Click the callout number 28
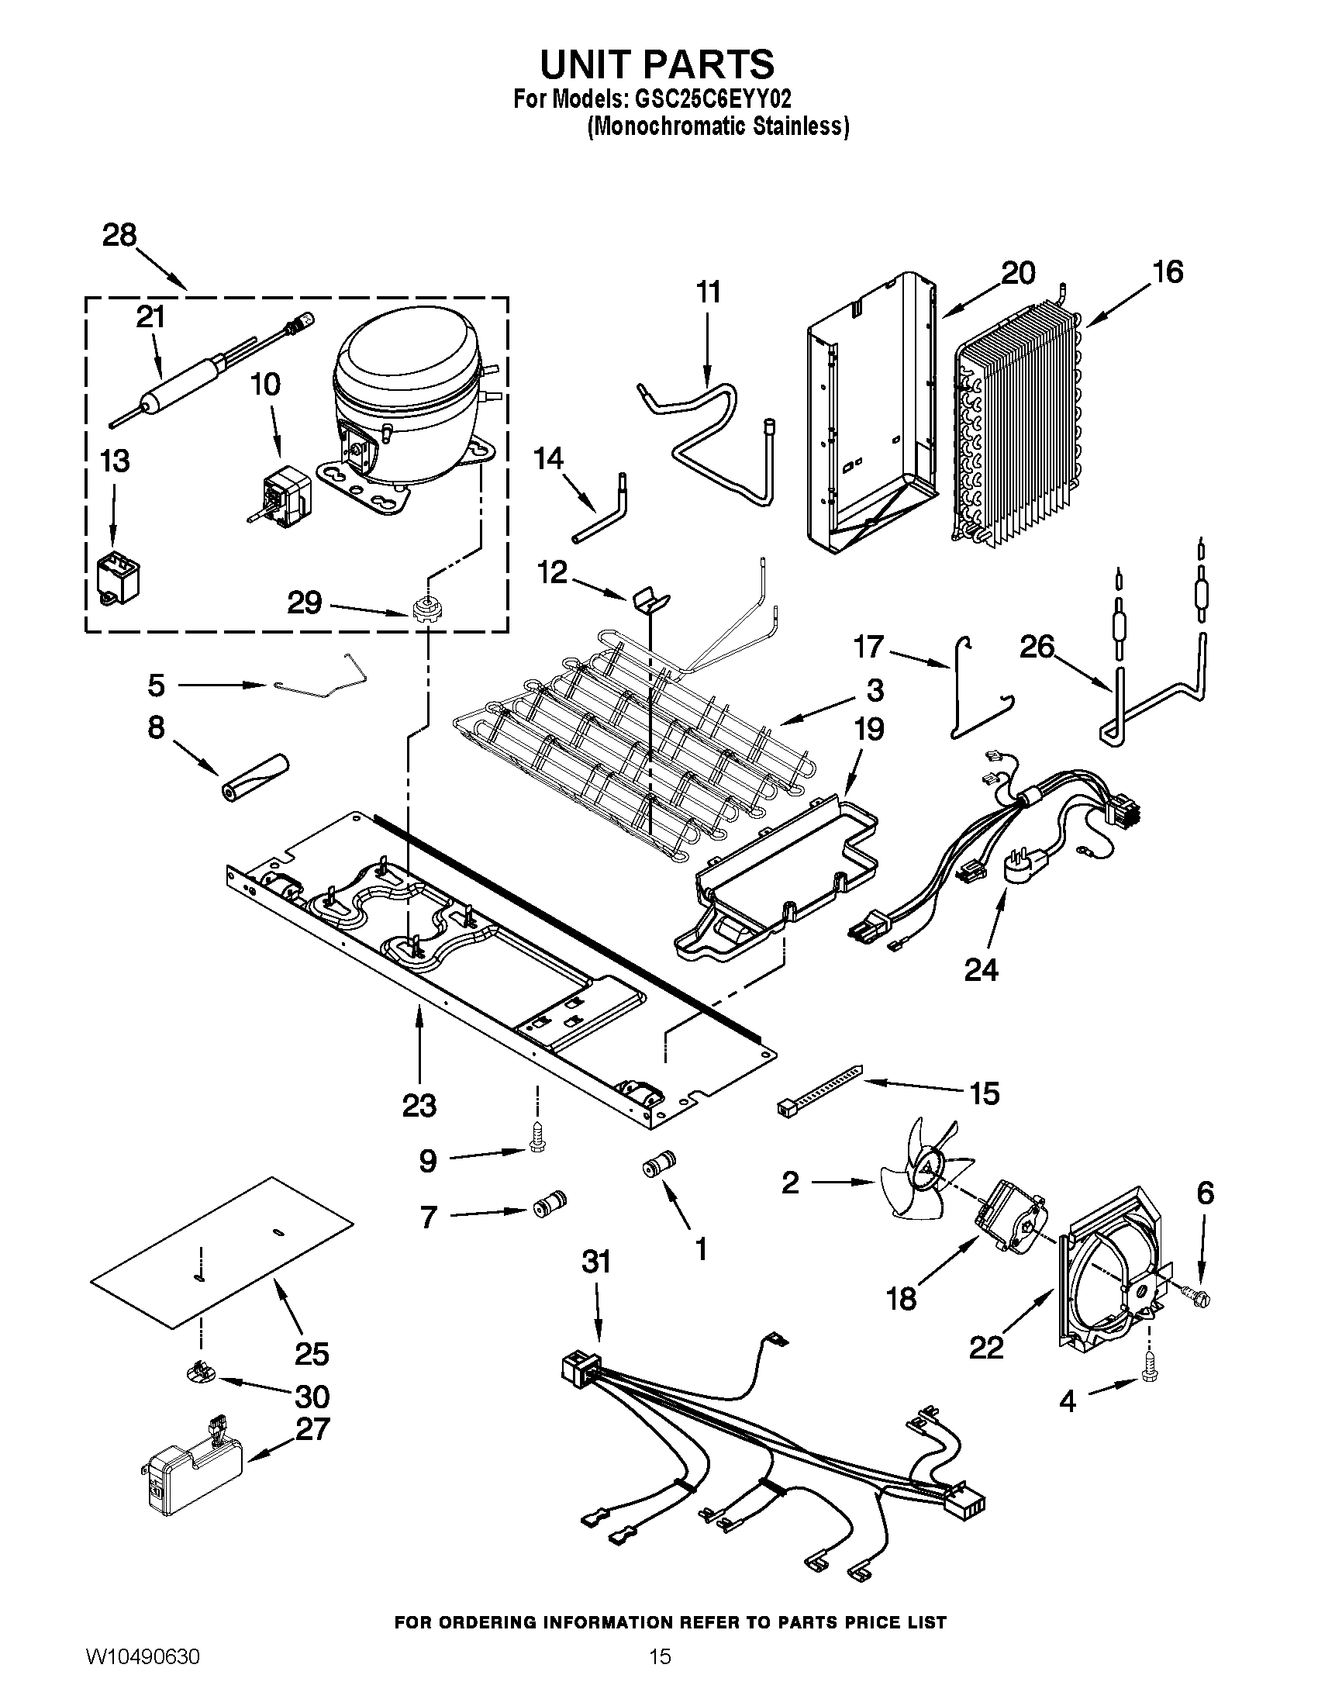[x=119, y=235]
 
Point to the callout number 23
[x=419, y=1105]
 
